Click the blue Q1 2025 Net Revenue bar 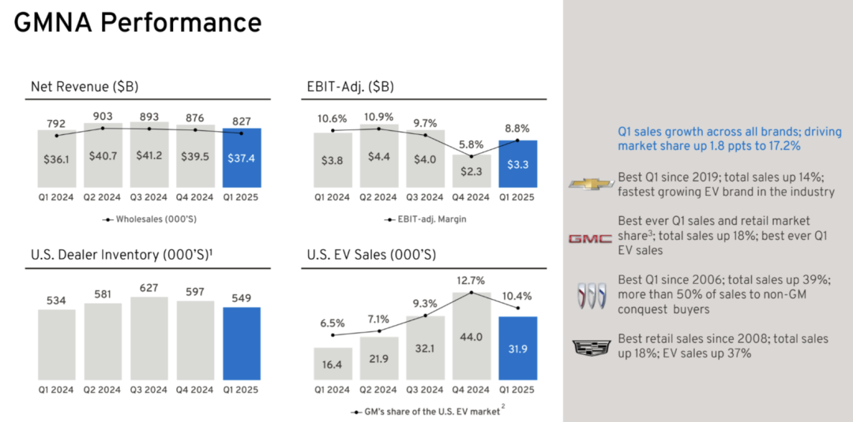tap(242, 158)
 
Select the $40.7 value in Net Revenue tap(103, 155)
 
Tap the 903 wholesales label tap(103, 116)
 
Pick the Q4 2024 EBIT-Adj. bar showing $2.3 tap(472, 170)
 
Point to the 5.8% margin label tap(472, 144)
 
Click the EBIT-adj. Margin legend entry tap(426, 219)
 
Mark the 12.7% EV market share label tap(472, 280)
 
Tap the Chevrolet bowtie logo tap(589, 185)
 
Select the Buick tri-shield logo tap(589, 294)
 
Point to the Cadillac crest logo tap(589, 346)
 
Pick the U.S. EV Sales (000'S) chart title tap(370, 255)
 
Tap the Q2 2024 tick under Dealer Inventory tap(103, 389)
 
